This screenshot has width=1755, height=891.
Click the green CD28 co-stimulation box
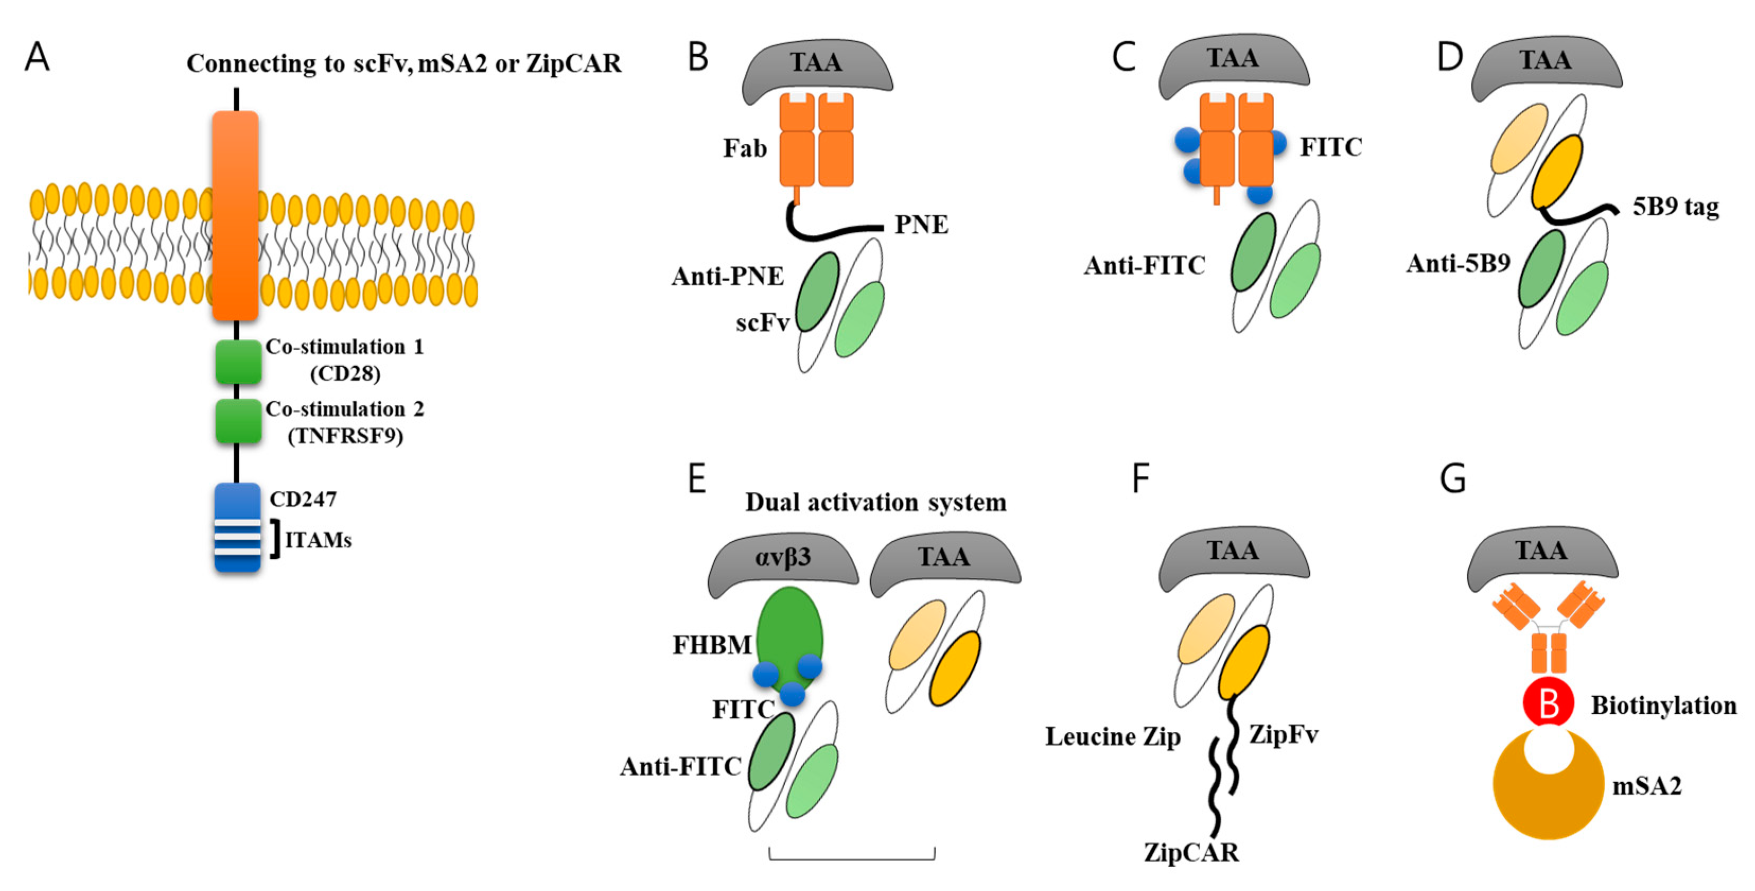238,362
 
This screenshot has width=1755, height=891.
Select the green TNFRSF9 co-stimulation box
238,421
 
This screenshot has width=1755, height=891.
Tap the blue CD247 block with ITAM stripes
237,527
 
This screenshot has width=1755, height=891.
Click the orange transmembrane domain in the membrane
235,215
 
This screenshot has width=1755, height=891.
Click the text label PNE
920,224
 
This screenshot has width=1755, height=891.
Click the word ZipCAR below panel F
1191,853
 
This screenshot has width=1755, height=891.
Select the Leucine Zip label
1112,737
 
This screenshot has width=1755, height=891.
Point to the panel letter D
1450,57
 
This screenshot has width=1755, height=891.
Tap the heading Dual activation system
875,503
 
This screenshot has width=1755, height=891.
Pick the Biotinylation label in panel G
1664,706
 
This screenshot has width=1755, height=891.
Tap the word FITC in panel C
1330,147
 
